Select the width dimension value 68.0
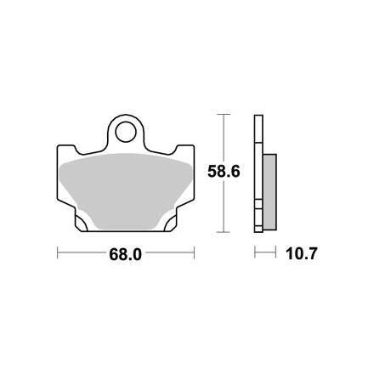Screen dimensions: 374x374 coord(126,253)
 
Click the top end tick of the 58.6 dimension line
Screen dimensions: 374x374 coord(224,113)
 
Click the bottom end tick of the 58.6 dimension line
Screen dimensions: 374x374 coord(224,232)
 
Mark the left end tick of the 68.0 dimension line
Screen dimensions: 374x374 coord(57,252)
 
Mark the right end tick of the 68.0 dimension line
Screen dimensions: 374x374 coord(195,252)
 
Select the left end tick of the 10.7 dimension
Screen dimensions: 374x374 coord(255,252)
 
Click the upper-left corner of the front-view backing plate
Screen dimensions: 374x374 coord(59,142)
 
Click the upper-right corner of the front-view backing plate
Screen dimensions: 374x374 coord(195,142)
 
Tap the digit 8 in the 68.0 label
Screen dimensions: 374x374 coord(121,253)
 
